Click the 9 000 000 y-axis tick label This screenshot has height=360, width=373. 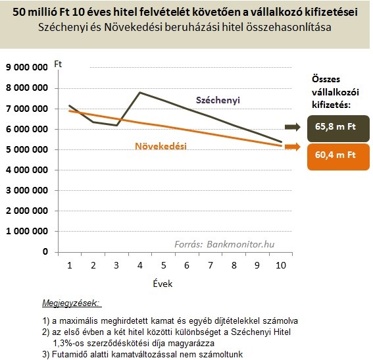pos(26,67)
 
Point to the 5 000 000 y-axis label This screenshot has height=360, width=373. pos(26,149)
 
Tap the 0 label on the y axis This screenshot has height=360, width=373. pos(45,252)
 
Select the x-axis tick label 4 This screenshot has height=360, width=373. pos(140,265)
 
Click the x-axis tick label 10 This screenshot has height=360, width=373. pos(281,265)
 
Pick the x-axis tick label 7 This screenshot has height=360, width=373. pos(211,265)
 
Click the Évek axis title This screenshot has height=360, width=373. pos(162,284)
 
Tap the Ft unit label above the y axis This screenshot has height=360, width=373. pos(58,64)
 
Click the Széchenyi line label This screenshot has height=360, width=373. pos(218,100)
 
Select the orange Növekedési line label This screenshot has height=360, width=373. pos(161,146)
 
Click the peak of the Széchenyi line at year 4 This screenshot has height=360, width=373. pos(140,92)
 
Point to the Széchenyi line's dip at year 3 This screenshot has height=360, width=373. pos(116,125)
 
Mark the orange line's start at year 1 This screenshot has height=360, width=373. pos(69,111)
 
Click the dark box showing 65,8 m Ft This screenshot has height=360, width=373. pos(338,128)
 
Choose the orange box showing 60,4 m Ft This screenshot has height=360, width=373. pos(338,157)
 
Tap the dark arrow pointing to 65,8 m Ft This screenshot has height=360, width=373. pos(293,127)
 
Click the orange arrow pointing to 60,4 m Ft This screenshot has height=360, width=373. pos(293,147)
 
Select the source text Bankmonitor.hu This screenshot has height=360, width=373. pos(241,244)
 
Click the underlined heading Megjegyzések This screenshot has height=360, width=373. pos(70,303)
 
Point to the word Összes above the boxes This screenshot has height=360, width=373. pos(326,79)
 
